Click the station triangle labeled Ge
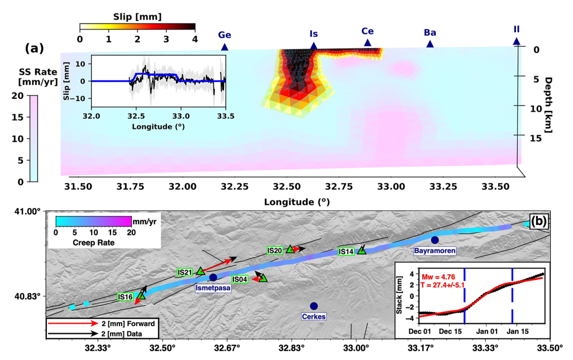225,47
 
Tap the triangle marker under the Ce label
367,43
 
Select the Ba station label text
430,32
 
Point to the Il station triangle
517,41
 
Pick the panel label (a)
35,49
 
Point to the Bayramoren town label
435,251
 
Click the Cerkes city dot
314,306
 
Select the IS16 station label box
125,297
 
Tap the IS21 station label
184,272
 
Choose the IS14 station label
346,252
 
